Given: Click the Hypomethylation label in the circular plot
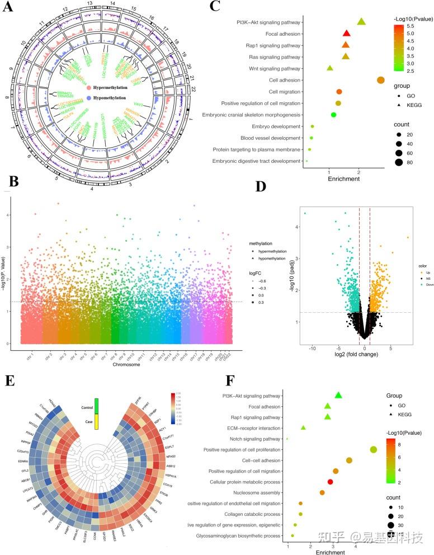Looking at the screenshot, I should (x=114, y=97).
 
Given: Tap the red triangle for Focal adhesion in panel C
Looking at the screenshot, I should (x=346, y=34).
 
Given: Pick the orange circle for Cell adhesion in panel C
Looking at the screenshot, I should (x=381, y=80).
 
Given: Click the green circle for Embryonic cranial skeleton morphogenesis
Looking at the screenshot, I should (x=333, y=115).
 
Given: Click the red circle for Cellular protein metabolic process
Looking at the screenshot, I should (x=330, y=482).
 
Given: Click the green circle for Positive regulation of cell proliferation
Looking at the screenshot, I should (x=374, y=449).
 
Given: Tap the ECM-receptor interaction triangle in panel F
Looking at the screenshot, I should (x=303, y=427).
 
